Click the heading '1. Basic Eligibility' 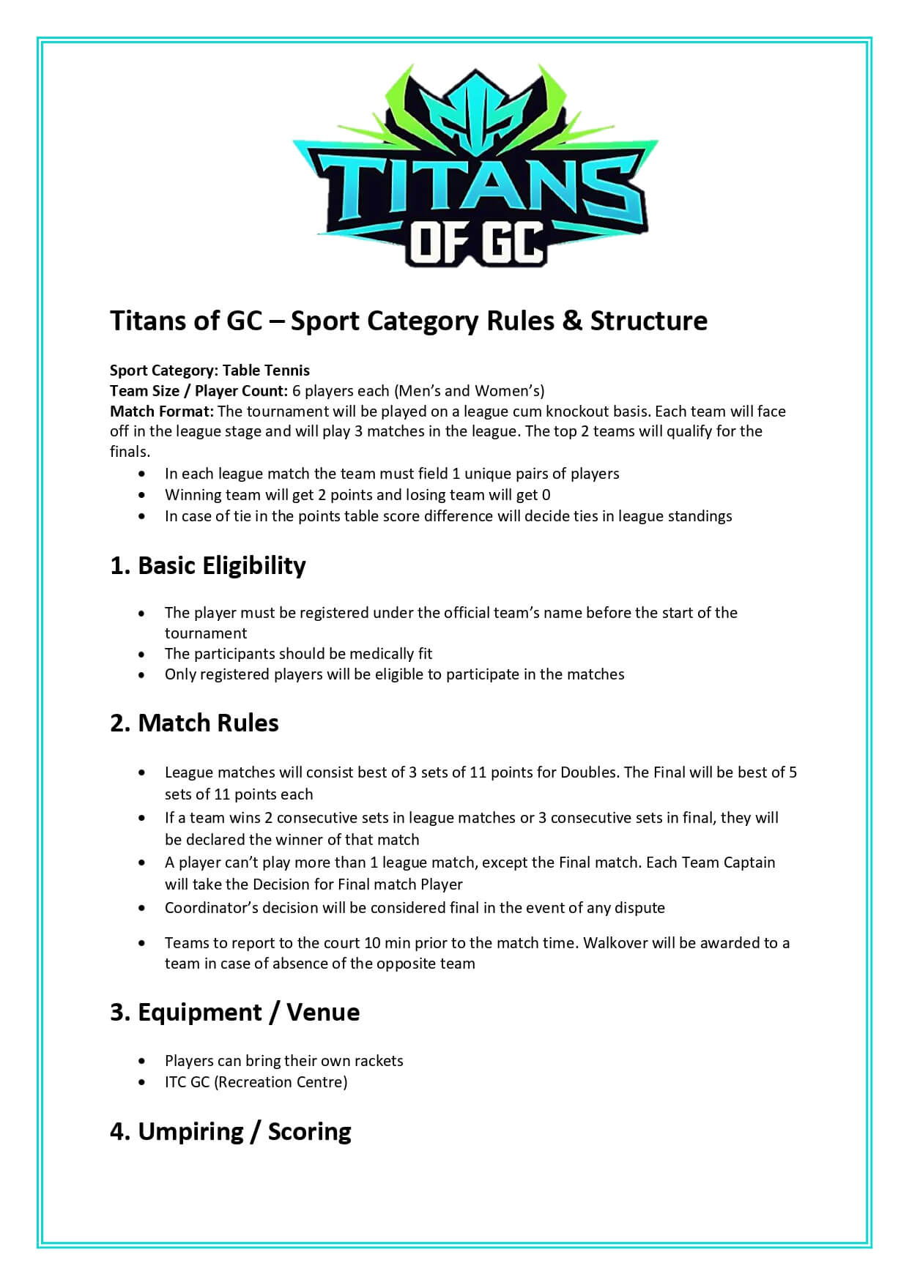(x=207, y=565)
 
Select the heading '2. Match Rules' (x=194, y=723)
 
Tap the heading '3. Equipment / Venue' (x=234, y=1012)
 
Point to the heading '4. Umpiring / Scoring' (x=230, y=1131)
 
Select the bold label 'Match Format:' (x=161, y=411)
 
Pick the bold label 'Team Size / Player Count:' (x=199, y=391)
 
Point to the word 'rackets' (x=379, y=1061)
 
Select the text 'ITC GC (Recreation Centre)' (x=256, y=1082)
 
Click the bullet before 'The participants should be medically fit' (x=141, y=654)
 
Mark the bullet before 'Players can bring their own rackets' (x=141, y=1061)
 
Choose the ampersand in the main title (x=572, y=321)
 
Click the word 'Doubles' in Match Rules (x=588, y=772)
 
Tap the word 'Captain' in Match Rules (x=748, y=863)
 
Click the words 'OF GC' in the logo (x=476, y=243)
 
